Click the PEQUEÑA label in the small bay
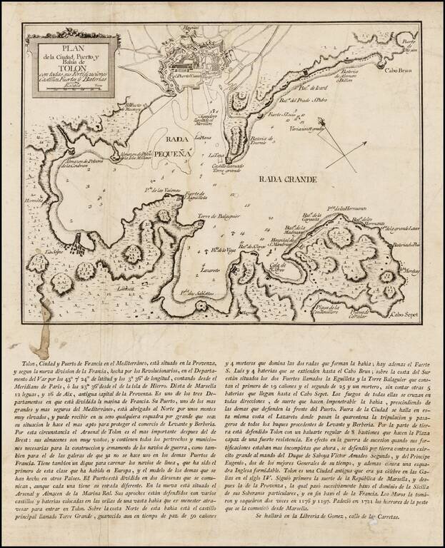tap(172, 153)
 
